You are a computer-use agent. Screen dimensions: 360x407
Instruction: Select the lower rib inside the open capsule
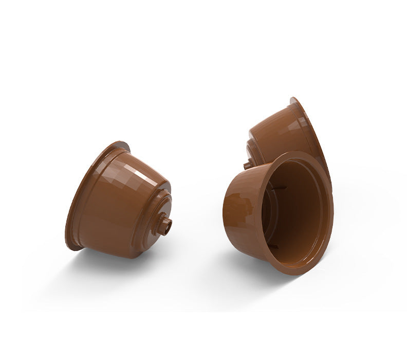[274, 246]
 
